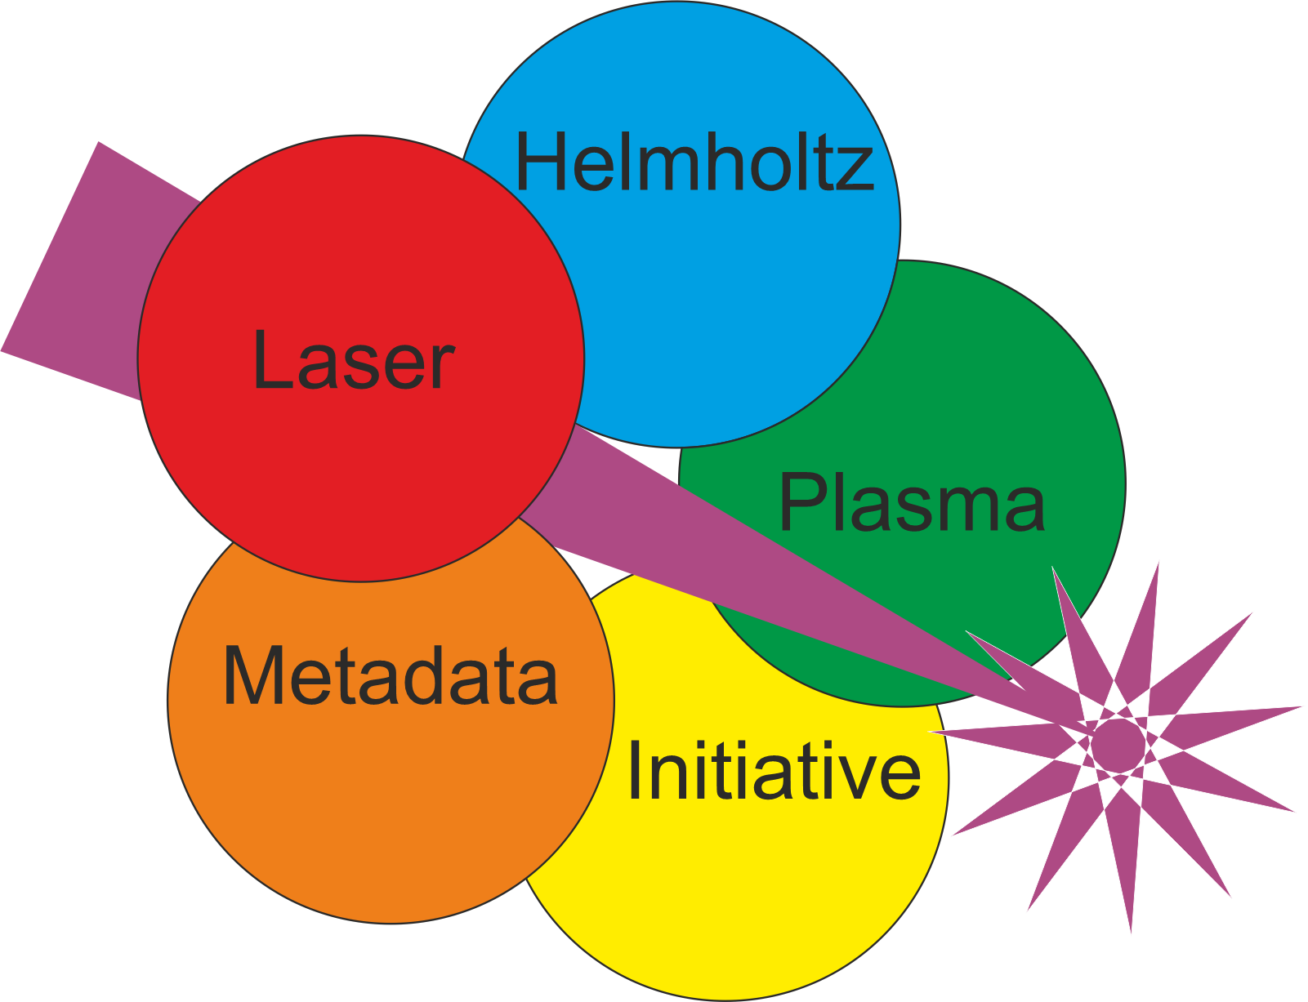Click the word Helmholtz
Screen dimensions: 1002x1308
click(694, 163)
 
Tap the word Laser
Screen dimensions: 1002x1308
click(353, 360)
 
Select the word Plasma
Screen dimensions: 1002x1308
click(912, 503)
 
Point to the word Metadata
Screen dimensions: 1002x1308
click(391, 675)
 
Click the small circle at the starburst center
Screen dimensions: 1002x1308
click(1118, 742)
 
